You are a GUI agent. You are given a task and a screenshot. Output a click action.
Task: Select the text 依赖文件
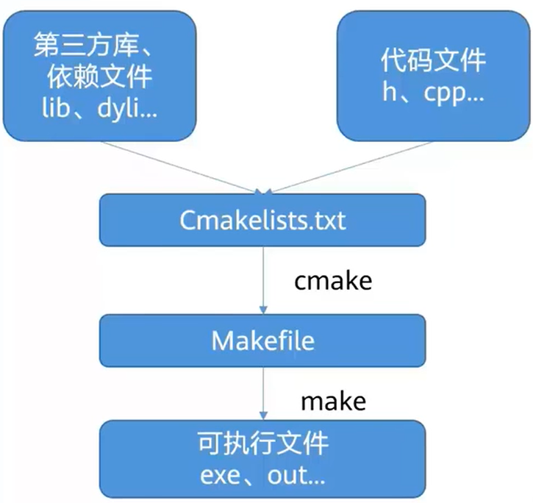tap(99, 76)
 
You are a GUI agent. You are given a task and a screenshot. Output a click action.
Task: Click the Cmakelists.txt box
tap(262, 219)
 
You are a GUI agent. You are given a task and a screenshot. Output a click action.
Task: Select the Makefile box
tap(262, 340)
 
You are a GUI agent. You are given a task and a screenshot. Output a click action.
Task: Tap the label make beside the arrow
tap(333, 401)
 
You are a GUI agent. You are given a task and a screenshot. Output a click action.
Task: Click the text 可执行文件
tap(262, 446)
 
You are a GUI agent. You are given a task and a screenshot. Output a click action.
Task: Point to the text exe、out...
tap(262, 475)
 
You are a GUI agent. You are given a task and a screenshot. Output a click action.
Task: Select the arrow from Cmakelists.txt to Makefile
tap(262, 279)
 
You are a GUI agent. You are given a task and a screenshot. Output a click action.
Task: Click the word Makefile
tap(262, 341)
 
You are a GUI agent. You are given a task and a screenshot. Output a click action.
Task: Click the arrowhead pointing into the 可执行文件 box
tap(262, 415)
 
